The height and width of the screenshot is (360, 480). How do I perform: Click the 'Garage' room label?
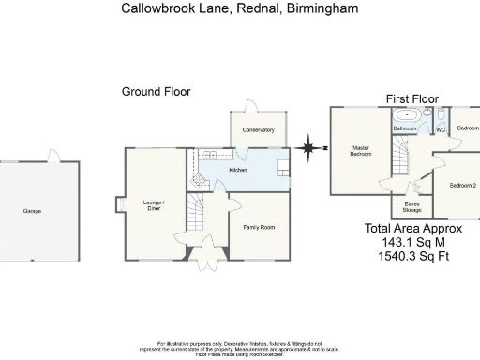[33, 211]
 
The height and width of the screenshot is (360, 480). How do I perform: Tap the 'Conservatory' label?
[258, 130]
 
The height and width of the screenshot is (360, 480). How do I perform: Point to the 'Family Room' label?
[259, 228]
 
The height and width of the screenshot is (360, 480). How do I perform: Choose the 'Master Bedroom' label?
[362, 151]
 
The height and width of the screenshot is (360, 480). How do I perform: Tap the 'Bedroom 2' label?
[463, 186]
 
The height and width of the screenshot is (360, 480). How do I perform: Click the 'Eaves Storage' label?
[412, 206]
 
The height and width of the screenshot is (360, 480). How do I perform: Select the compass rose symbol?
[307, 147]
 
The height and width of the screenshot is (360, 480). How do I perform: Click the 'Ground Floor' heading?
[156, 92]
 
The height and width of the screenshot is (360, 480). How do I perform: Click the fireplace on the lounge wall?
[120, 204]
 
